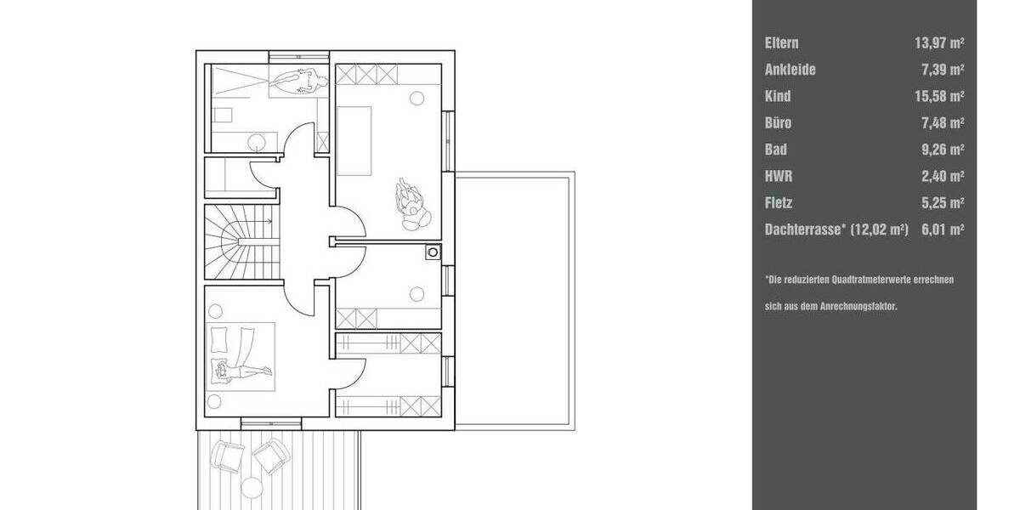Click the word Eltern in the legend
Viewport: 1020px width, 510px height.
[781, 42]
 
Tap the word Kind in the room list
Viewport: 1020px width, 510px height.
[777, 96]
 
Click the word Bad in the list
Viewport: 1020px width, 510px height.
[775, 150]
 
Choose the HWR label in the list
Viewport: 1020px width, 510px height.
[778, 177]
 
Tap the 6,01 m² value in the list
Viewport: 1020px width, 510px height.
[942, 229]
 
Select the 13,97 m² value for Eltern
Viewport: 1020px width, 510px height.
[939, 42]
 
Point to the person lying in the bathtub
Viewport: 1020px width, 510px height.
[298, 82]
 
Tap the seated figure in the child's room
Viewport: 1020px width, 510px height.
[411, 203]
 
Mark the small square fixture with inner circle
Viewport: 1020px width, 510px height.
[433, 252]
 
